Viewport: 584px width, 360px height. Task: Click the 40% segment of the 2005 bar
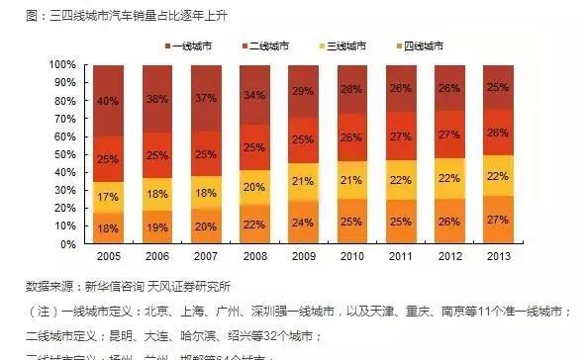pyautogui.click(x=108, y=100)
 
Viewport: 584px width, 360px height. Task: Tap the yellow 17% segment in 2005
pyautogui.click(x=108, y=197)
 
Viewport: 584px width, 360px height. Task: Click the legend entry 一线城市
pyautogui.click(x=193, y=46)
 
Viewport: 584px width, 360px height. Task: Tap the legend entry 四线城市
pyautogui.click(x=419, y=46)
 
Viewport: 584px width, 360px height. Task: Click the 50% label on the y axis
pyautogui.click(x=63, y=154)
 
